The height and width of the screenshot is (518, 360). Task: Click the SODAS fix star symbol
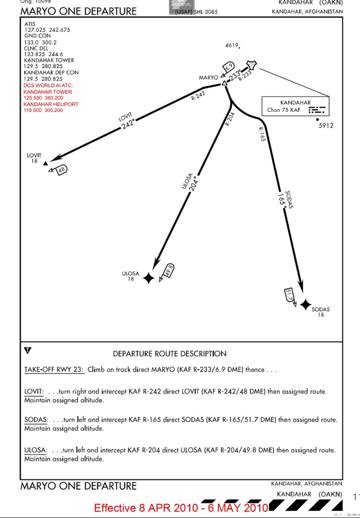coord(305,305)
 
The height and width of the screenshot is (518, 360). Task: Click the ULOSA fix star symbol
coord(149,278)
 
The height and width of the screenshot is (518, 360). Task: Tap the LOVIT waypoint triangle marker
coord(45,163)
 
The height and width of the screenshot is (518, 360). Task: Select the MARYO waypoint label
coord(208,78)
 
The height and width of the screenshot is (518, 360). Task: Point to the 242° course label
coord(128,124)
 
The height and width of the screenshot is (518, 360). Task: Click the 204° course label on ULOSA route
coord(195,184)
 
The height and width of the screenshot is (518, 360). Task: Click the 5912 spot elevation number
coord(326,126)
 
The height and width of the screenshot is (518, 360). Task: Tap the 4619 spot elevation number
coord(231,46)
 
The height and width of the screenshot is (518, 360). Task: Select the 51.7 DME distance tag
coord(289,296)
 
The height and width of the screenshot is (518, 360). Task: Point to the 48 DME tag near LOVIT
coord(61,169)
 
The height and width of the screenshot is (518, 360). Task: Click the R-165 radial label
coord(262,134)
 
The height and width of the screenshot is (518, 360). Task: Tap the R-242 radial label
coord(198,96)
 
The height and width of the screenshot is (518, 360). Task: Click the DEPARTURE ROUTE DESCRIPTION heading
coord(169,354)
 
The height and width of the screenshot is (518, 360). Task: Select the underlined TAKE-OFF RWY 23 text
coord(54,370)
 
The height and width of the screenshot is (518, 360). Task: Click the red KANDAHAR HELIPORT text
coord(51,104)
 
